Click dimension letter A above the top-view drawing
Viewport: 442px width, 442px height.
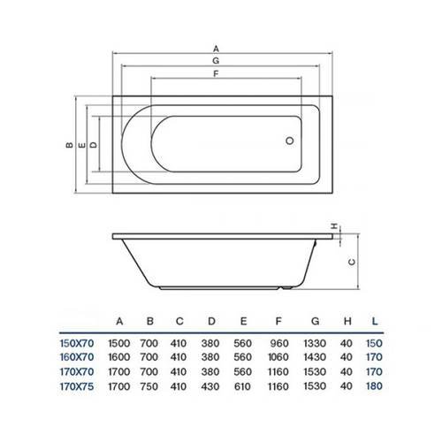pos(216,49)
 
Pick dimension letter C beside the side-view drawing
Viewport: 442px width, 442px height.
pos(351,262)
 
